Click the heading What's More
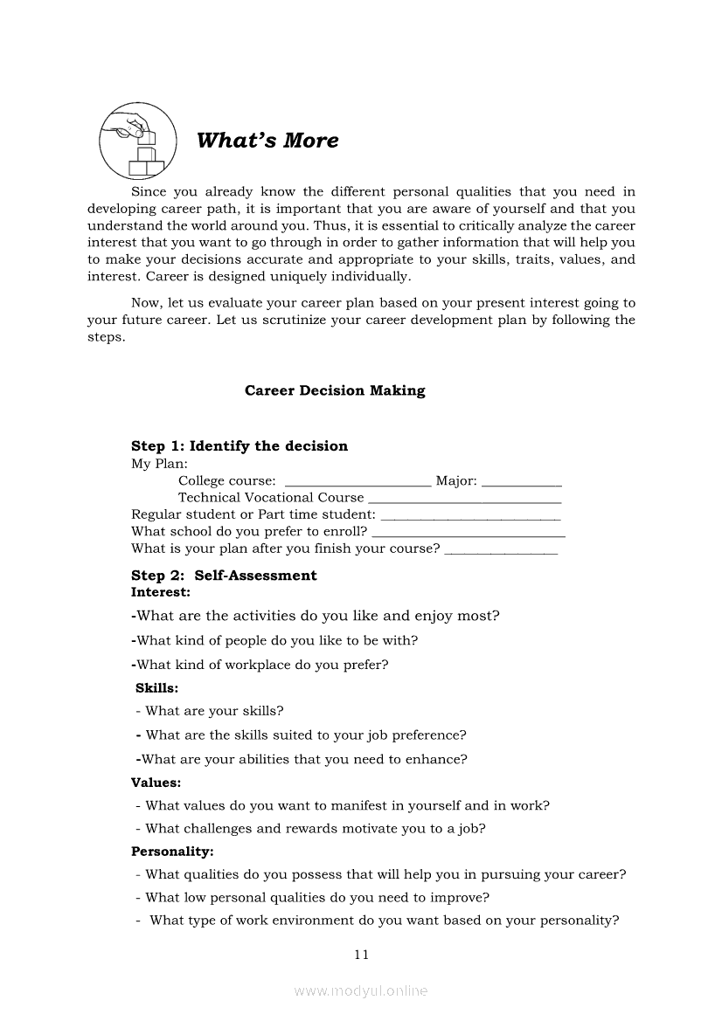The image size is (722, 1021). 267,141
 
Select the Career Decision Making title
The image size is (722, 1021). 335,391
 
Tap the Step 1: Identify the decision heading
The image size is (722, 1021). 240,446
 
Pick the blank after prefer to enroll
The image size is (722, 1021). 469,533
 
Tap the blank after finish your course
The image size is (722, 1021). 501,550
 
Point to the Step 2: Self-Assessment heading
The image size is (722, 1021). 224,576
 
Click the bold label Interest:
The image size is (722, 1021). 161,592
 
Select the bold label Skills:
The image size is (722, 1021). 157,688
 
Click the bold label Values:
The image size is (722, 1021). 156,783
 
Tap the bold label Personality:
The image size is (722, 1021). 172,851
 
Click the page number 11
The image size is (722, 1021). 362,955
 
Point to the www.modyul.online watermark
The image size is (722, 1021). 361,990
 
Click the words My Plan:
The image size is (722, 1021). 159,464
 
